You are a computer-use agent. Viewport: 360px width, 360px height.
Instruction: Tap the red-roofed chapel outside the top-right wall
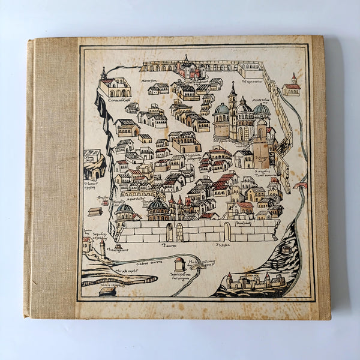(292, 87)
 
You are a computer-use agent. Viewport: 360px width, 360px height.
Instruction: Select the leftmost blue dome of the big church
(221, 110)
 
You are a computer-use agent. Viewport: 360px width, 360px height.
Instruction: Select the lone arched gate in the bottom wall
(227, 231)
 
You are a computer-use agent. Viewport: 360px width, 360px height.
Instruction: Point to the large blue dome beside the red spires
(158, 207)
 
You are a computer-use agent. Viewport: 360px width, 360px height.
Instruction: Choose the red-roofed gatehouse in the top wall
(188, 68)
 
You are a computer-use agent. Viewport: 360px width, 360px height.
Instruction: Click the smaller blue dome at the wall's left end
(125, 210)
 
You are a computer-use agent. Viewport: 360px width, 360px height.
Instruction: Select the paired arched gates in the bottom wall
(175, 232)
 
